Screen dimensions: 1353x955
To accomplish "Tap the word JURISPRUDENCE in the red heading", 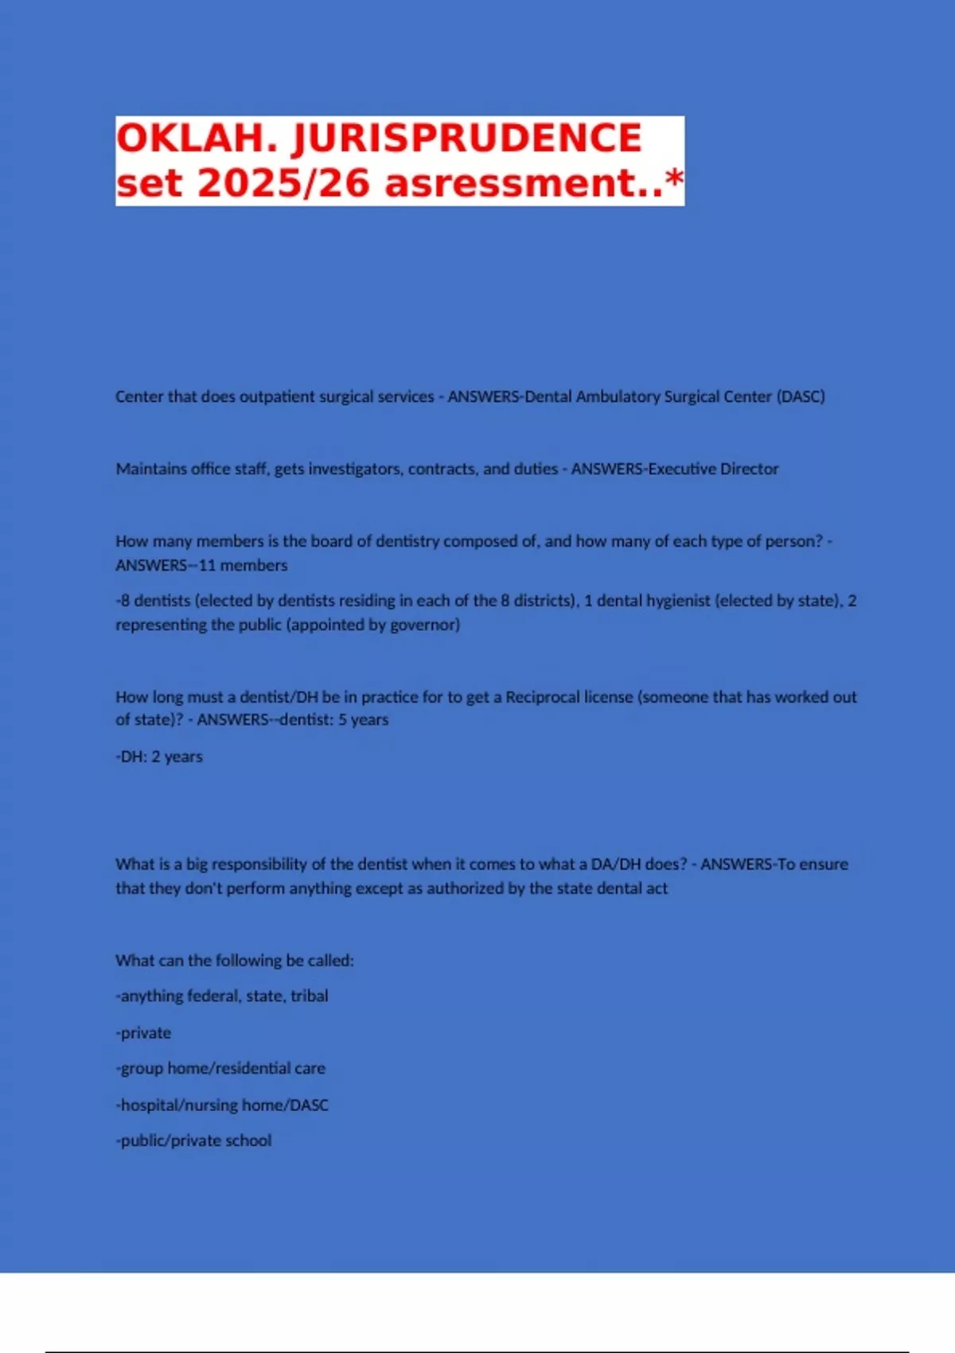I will [467, 138].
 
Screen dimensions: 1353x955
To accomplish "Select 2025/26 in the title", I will [284, 183].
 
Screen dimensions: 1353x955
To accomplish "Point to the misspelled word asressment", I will [524, 183].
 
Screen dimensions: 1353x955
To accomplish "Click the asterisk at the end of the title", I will [674, 178].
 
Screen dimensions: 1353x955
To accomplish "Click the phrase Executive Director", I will [713, 469].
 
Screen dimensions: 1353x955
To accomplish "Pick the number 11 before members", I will [207, 565].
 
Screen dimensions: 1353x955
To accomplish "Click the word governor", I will [429, 625].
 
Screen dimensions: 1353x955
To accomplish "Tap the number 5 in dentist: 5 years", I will [342, 719].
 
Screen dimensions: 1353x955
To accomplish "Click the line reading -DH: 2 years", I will [159, 756].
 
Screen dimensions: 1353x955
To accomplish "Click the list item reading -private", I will [143, 1032].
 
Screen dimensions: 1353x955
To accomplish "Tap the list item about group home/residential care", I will [220, 1068].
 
